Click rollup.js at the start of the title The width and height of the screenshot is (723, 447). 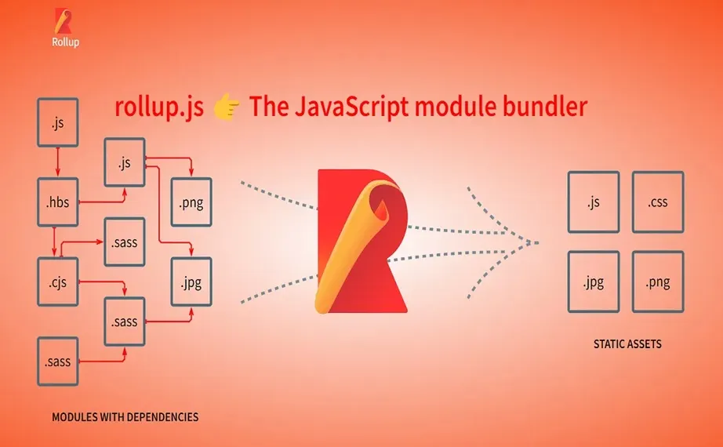pyautogui.click(x=159, y=107)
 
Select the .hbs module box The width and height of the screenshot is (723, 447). pyautogui.click(x=58, y=202)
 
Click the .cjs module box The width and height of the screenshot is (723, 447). pyautogui.click(x=58, y=282)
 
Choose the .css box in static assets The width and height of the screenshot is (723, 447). pyautogui.click(x=657, y=202)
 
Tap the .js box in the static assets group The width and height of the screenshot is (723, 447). pyautogui.click(x=593, y=202)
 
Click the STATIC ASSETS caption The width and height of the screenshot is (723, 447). pyautogui.click(x=627, y=343)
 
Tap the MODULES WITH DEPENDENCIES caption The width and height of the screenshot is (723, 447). pyautogui.click(x=125, y=417)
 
